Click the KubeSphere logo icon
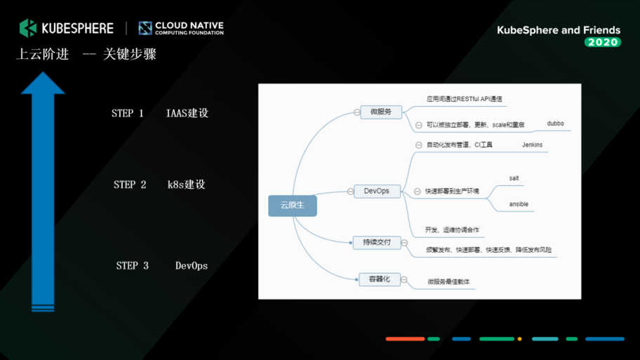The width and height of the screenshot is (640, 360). tap(27, 27)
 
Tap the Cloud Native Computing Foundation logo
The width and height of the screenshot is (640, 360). tap(145, 28)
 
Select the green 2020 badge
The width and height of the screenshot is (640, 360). tap(602, 42)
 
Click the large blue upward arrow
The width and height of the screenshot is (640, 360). tap(43, 189)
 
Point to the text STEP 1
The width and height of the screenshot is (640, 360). tap(128, 114)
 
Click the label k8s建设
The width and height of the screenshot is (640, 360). tap(186, 185)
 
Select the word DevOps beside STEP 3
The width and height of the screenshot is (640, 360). tap(192, 266)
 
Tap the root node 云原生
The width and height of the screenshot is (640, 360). tap(293, 206)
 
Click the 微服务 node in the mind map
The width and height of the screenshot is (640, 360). tap(381, 112)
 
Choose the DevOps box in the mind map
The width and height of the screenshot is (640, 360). tap(376, 191)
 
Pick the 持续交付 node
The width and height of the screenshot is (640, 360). tap(376, 242)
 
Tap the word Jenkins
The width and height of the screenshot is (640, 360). tap(532, 145)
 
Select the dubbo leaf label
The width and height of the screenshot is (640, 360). tap(555, 124)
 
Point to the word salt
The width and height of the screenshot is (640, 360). tap(514, 178)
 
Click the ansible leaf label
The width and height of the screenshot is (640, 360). tap(519, 204)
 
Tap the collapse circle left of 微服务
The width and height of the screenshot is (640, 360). tap(356, 112)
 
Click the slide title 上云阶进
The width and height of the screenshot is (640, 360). tap(43, 55)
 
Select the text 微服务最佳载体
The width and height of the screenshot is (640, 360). tap(448, 281)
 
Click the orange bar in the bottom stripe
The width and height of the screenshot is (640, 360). tap(405, 339)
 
